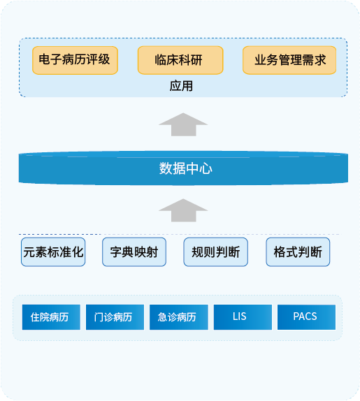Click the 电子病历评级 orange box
75,60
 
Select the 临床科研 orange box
180,60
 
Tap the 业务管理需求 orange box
289,60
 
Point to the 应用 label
181,86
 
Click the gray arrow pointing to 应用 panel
183,124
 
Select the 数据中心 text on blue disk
186,168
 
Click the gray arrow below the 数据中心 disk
183,210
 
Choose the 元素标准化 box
53,252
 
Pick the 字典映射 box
134,252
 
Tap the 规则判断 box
216,252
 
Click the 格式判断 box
298,252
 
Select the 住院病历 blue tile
51,317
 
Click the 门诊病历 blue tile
115,317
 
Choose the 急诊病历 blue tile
179,317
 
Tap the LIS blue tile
243,317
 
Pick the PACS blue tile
307,317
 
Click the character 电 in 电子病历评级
45,59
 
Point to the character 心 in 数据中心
206,169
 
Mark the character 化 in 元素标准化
78,252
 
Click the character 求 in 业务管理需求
320,60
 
